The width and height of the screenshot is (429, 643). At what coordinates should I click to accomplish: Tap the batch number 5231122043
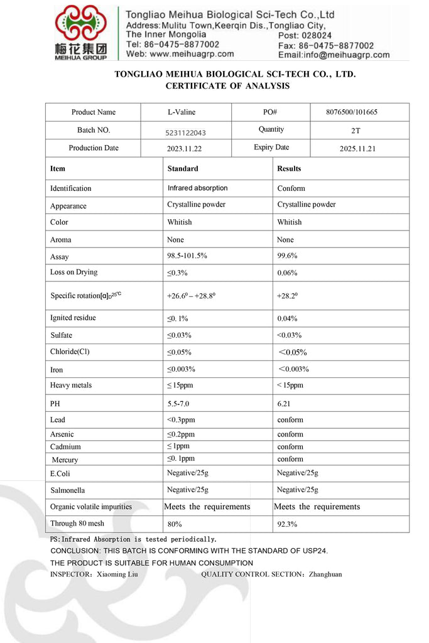[x=186, y=132]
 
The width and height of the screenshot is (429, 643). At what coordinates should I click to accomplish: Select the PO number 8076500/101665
[x=360, y=112]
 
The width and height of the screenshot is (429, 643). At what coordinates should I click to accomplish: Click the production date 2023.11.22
[x=185, y=149]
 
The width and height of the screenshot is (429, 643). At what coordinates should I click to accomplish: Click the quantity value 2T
[x=356, y=131]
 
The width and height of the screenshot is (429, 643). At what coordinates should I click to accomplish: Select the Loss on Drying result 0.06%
[x=287, y=273]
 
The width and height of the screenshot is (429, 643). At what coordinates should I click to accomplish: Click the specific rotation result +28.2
[x=288, y=295]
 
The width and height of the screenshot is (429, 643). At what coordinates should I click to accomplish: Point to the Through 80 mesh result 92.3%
[x=287, y=524]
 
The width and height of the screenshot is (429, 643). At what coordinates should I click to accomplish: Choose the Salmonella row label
[x=67, y=490]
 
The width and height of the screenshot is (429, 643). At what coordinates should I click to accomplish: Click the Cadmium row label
[x=65, y=447]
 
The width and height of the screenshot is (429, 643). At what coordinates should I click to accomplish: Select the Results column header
[x=289, y=168]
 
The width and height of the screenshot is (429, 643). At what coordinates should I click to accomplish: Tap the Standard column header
[x=183, y=168]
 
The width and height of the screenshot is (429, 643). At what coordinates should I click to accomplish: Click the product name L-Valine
[x=181, y=112]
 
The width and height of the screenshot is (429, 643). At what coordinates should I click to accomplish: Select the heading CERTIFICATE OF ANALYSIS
[x=227, y=86]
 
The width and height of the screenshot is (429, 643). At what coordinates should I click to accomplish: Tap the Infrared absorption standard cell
[x=197, y=188]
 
